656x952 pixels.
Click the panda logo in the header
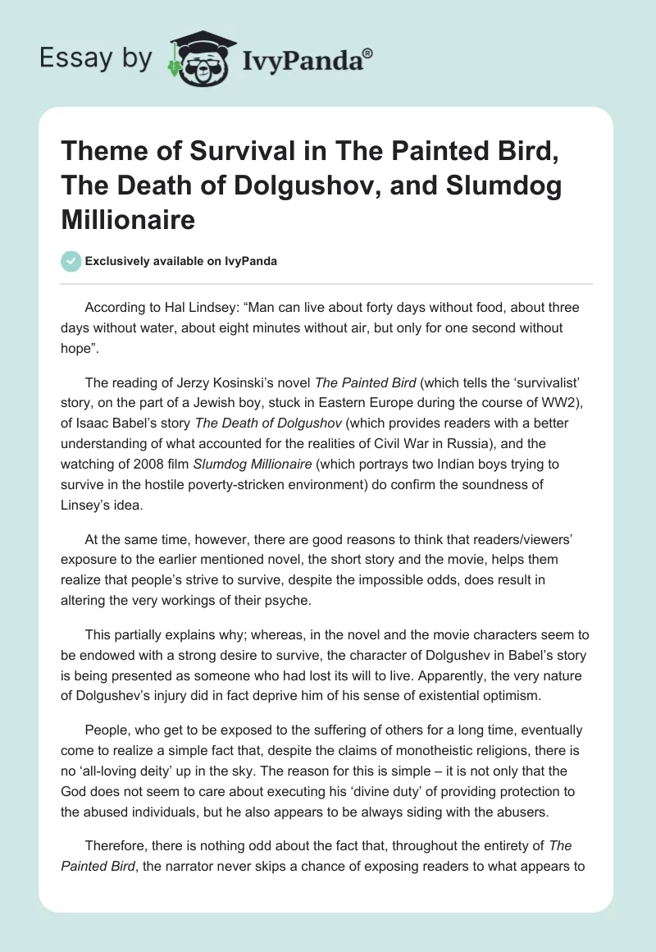[x=196, y=57]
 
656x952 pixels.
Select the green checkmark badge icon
[x=71, y=261]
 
